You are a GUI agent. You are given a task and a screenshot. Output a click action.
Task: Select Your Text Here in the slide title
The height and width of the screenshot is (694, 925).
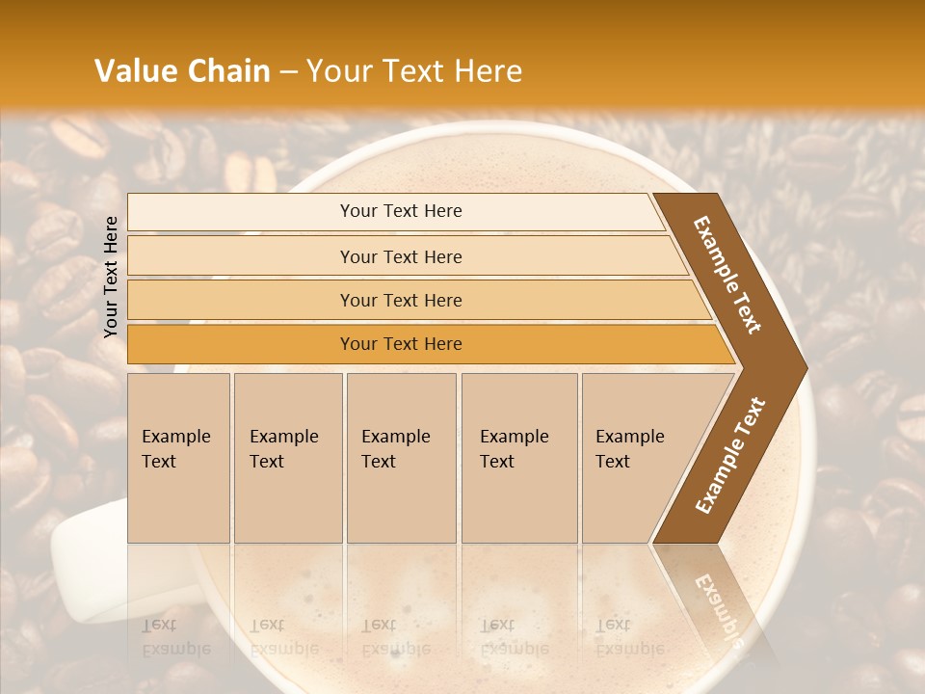click(x=414, y=71)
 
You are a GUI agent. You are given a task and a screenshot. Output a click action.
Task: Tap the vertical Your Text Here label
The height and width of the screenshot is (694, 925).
click(x=111, y=277)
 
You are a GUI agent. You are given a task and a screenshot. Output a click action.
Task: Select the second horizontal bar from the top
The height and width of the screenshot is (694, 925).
click(x=400, y=256)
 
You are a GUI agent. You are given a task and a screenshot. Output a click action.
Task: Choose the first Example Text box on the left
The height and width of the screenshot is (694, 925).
click(x=178, y=457)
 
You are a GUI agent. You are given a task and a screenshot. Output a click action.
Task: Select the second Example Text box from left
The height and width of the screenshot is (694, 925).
click(x=287, y=457)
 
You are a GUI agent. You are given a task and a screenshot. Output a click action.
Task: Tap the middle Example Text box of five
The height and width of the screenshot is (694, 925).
click(x=401, y=457)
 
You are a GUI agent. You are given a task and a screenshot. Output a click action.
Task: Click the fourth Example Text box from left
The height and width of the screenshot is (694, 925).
click(x=518, y=457)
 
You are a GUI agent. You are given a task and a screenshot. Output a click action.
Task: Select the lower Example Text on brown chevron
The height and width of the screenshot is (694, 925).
click(x=730, y=455)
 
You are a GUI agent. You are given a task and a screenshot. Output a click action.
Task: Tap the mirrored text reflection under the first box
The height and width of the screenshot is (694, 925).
click(x=176, y=636)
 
